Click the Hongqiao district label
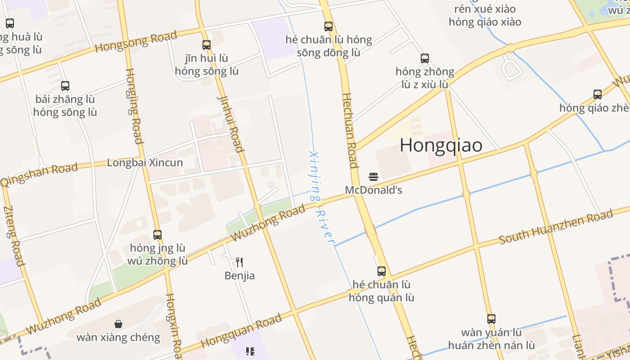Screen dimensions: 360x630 pos(441,145)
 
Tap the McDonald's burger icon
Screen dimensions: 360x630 pos(373,176)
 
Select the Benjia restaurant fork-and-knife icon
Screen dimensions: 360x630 pos(239,262)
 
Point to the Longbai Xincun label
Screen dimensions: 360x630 pos(145,162)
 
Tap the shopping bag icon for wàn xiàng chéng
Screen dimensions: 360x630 pos(118,324)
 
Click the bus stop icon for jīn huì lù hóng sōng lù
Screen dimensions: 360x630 pos(207,45)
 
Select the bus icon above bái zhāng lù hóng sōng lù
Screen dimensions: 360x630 pos(65,85)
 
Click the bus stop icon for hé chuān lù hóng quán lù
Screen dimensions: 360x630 pos(382,271)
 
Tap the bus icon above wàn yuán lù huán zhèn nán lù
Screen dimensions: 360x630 pos(491,319)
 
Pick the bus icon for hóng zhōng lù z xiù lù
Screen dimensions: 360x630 pos(425,58)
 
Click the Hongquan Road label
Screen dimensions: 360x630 pos(241,331)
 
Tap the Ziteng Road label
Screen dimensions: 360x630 pos(13,235)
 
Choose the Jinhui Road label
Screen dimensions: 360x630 pos(230,123)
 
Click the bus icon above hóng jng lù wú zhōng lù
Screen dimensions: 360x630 pos(157,234)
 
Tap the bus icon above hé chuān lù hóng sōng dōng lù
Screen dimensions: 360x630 pos(328,26)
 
